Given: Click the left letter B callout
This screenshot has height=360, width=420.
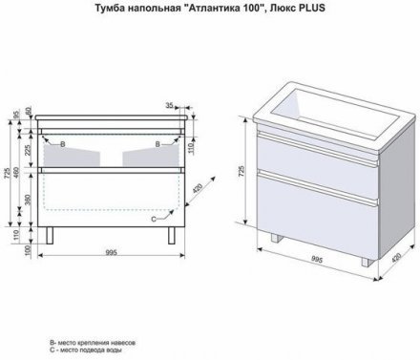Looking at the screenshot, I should pos(63,143).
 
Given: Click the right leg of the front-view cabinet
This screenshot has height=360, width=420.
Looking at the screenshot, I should pos(174,237).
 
